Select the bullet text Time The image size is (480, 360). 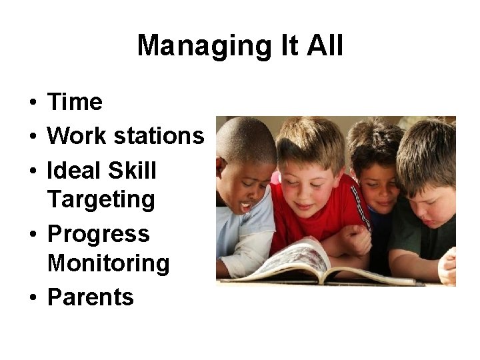(75, 102)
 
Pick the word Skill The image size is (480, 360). (131, 170)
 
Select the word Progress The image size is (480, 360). (99, 234)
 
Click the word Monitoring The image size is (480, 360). (109, 263)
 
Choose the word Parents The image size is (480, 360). (91, 297)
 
